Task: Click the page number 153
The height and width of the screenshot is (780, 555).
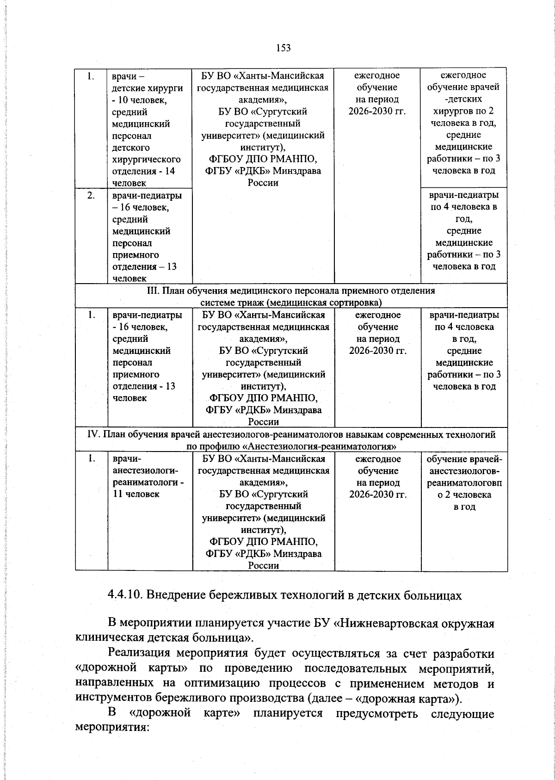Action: [x=283, y=48]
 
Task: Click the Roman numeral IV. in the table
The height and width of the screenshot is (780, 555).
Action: [x=94, y=434]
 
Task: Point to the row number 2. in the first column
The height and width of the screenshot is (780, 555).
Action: [x=92, y=195]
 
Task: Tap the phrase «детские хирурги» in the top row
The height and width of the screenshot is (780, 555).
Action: [x=147, y=88]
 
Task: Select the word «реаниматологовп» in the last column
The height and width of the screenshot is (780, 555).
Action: [x=464, y=483]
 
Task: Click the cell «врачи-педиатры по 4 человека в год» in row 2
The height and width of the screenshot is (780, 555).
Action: [x=464, y=207]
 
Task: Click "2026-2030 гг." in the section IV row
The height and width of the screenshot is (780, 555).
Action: [x=378, y=495]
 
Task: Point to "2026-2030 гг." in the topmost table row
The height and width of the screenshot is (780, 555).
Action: [x=377, y=111]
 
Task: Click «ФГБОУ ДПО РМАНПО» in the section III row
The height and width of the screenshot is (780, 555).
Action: [x=263, y=398]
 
